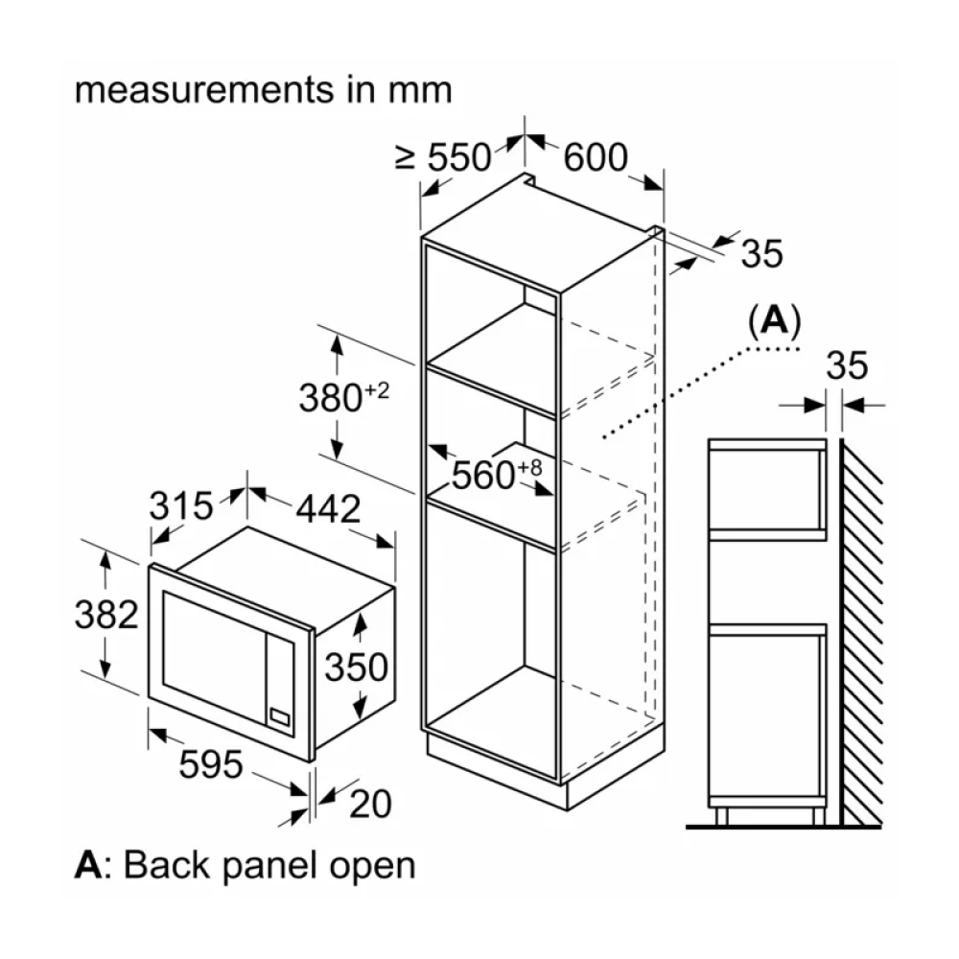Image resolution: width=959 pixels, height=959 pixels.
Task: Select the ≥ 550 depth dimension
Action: tap(444, 156)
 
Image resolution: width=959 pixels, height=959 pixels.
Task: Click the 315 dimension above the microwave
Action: tap(180, 505)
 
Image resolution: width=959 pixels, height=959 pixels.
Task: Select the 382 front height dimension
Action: tap(106, 614)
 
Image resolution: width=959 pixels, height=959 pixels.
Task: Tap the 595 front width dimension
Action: tap(210, 764)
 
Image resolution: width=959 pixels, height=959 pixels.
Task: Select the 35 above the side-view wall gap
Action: tap(846, 365)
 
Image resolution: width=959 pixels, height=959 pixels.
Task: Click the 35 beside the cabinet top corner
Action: tap(762, 253)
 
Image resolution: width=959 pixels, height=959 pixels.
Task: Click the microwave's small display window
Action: tap(280, 714)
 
